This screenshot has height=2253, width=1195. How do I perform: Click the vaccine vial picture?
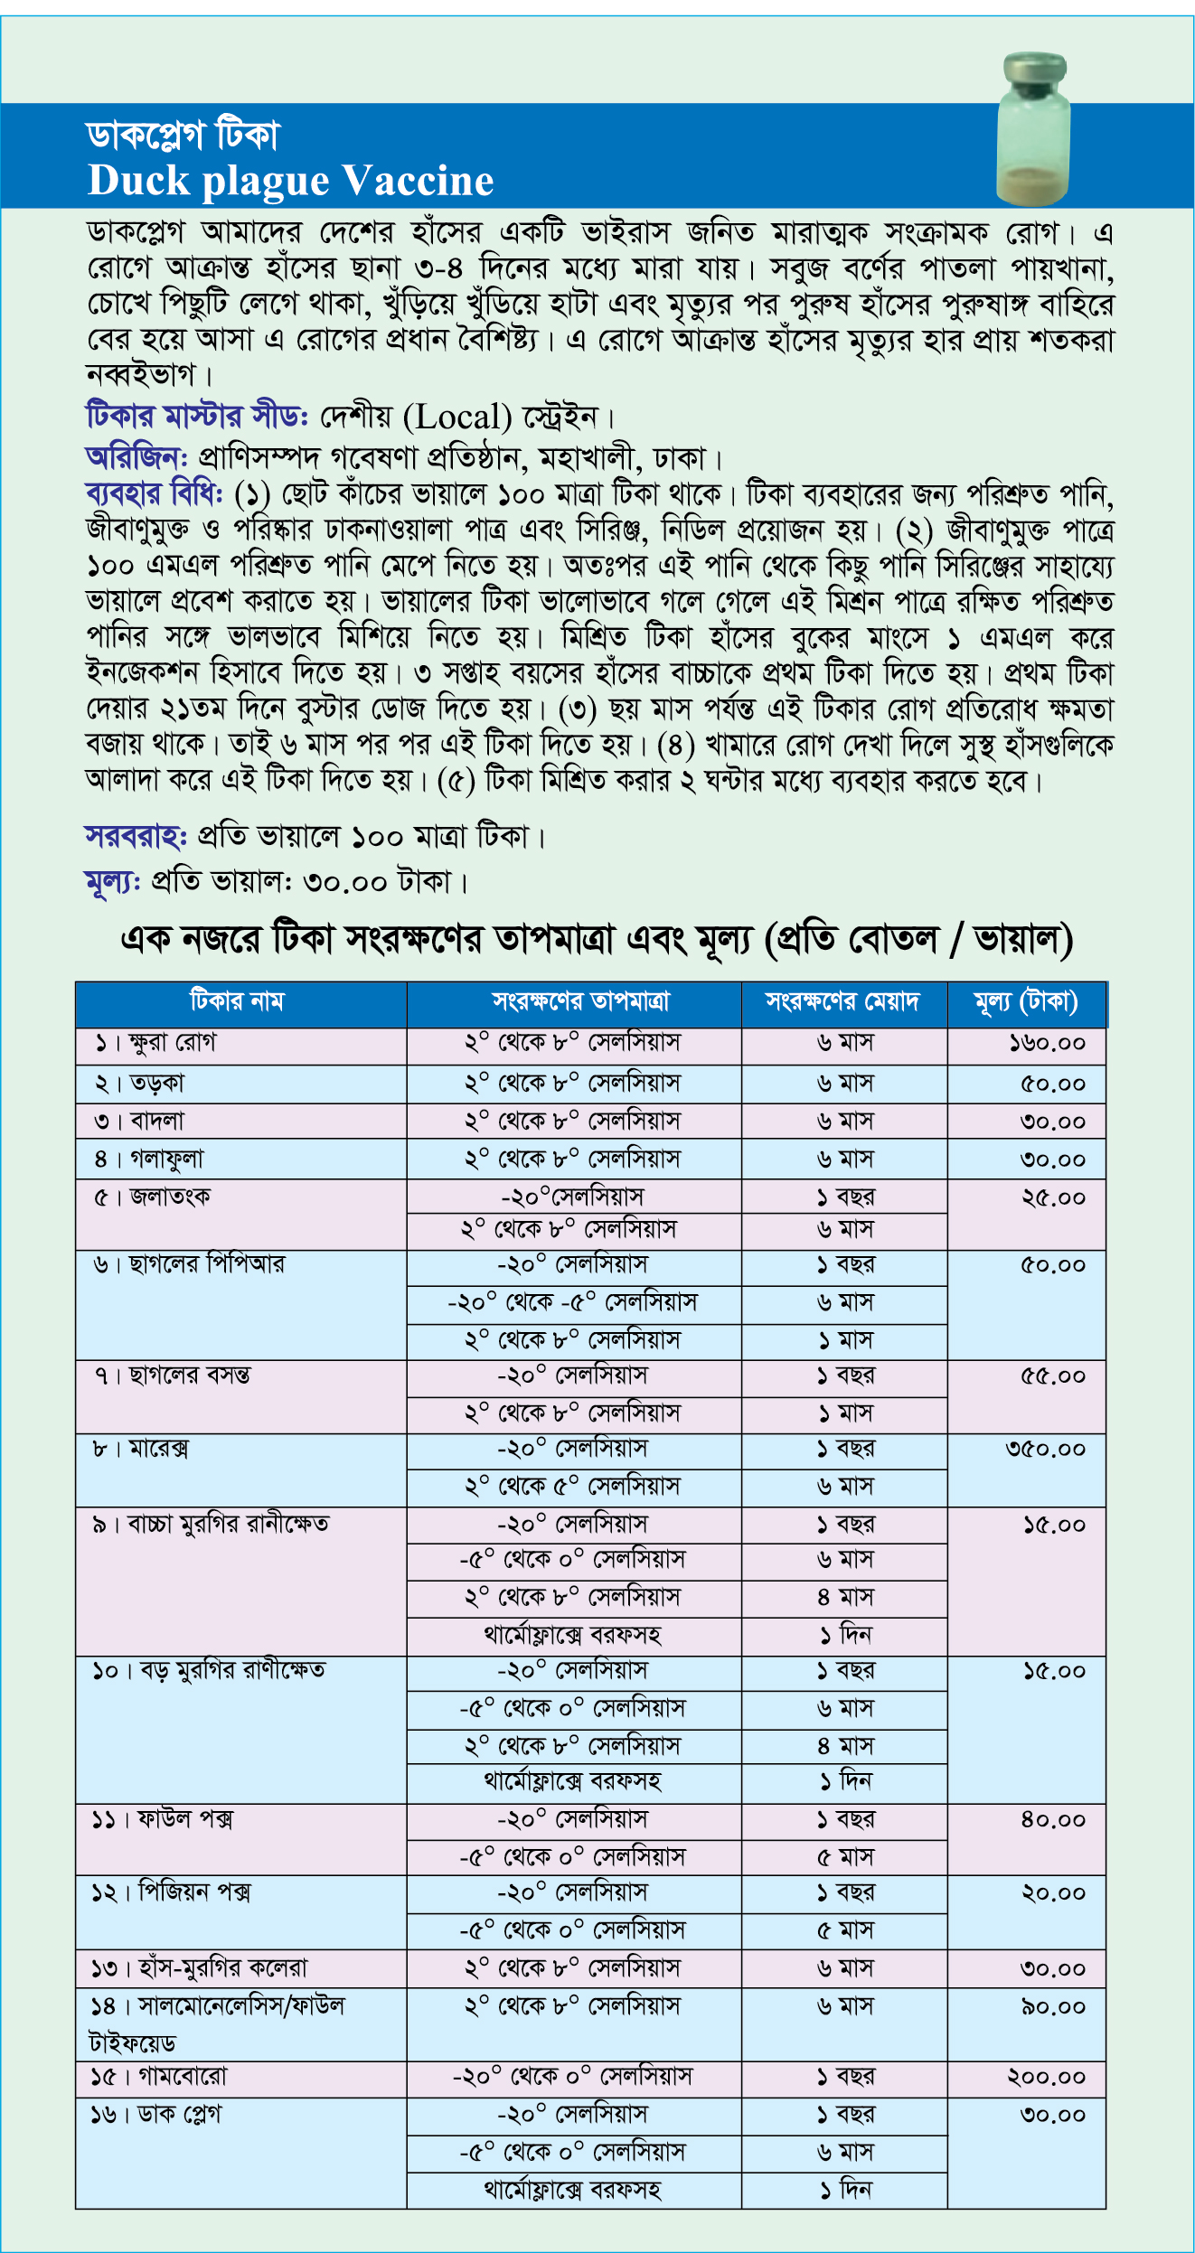[x=1032, y=128]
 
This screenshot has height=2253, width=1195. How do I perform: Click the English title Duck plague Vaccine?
[x=290, y=181]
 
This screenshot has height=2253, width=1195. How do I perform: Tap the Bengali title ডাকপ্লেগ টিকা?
[x=183, y=136]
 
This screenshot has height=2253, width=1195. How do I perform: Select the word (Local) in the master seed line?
[x=457, y=418]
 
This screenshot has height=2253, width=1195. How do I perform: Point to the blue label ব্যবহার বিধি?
[x=154, y=494]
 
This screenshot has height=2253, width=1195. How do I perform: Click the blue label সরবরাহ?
[x=136, y=837]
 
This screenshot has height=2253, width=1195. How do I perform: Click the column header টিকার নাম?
[x=237, y=1001]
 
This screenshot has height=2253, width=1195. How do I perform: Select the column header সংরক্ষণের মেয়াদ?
[x=842, y=1001]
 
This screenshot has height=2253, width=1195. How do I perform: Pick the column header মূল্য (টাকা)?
[x=1026, y=1001]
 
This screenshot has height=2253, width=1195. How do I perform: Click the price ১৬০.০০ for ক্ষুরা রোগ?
[x=1047, y=1044]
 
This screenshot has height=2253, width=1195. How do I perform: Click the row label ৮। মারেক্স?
[x=141, y=1449]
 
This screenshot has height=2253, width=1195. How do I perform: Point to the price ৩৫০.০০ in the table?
[x=1045, y=1450]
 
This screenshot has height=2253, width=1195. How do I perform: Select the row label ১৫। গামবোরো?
[x=159, y=2078]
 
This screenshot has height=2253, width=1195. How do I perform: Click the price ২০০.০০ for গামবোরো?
[x=1046, y=2078]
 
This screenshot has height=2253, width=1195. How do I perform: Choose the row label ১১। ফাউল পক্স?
[x=162, y=1819]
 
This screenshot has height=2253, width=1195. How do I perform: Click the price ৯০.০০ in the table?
[x=1052, y=2007]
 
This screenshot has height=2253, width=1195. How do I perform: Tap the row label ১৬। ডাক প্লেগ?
[x=155, y=2116]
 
